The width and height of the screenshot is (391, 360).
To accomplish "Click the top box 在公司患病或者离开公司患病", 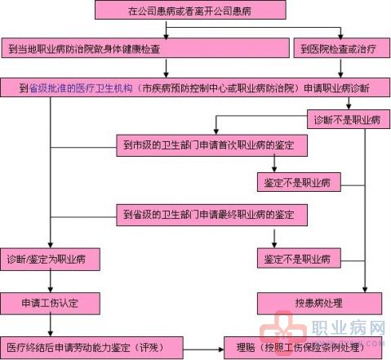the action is [190, 10].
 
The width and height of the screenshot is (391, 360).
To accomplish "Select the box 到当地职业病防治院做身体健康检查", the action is [145, 48].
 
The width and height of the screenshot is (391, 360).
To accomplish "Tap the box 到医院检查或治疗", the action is [342, 48].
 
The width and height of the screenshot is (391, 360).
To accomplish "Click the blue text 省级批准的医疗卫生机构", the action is [81, 88].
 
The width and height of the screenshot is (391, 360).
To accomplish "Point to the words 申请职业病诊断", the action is [336, 88].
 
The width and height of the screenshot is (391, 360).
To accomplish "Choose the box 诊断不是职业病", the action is [349, 119].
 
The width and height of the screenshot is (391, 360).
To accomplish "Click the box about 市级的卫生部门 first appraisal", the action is [212, 145].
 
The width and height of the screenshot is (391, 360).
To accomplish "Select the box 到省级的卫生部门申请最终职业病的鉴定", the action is [212, 215].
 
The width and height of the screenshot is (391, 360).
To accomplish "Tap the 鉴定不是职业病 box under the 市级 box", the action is [299, 182].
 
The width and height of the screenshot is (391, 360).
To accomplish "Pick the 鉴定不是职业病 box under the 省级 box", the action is [299, 258].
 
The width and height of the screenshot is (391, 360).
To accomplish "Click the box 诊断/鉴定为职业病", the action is [50, 260].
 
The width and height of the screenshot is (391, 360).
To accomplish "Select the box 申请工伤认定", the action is [50, 304].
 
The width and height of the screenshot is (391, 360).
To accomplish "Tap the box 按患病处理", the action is [319, 304].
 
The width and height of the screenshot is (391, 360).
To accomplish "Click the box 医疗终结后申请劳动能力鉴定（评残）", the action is [91, 348].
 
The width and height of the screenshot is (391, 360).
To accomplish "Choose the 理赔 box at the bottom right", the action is [303, 348].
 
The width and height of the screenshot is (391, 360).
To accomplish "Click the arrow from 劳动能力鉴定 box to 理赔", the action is [203, 349].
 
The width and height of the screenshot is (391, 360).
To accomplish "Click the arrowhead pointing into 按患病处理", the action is [365, 290].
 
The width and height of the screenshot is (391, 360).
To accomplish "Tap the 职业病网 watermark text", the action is [349, 328].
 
